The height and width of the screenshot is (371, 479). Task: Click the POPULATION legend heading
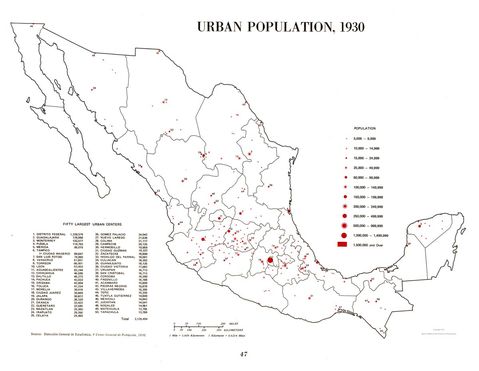coord(371,130)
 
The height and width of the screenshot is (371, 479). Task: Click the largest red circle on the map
coord(270,261)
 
